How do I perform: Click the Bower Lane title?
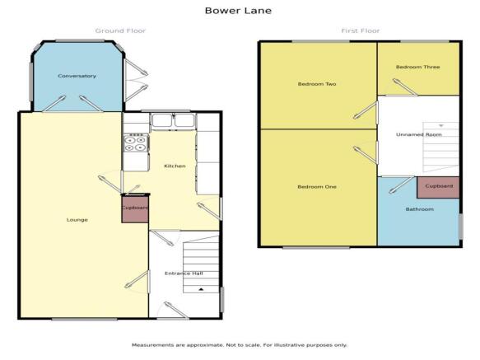238,11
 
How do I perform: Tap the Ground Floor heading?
120,30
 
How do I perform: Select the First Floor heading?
361,30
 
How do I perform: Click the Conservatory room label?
77,76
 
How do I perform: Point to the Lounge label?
77,220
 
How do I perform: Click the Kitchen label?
175,166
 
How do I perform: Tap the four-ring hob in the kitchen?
136,143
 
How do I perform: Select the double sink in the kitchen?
173,120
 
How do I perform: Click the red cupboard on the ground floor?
135,209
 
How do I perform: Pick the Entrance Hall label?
184,274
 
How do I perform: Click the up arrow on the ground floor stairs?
201,289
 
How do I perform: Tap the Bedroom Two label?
317,84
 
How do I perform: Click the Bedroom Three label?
418,67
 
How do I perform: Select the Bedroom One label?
317,186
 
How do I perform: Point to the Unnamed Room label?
419,134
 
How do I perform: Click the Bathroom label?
420,209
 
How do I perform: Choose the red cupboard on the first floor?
438,187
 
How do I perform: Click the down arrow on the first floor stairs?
441,125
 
